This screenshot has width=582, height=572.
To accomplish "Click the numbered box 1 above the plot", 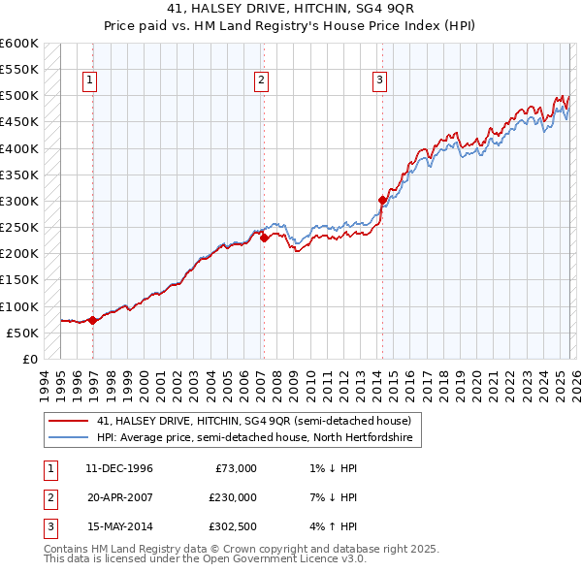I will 89,80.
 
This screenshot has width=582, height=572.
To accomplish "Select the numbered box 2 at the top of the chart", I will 262,80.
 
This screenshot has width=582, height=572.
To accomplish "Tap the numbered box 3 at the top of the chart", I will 379,80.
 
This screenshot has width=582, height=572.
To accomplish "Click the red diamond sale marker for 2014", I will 382,201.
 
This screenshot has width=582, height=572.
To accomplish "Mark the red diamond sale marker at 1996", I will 92,320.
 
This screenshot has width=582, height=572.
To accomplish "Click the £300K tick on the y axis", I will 19,202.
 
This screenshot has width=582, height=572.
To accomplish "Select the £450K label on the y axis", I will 19,122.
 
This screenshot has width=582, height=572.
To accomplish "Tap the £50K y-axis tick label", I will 23,333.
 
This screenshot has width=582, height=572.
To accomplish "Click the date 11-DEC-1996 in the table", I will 119,468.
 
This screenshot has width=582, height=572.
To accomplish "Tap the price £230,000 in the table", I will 232,497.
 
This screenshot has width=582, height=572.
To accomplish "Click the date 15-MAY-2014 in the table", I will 119,526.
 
